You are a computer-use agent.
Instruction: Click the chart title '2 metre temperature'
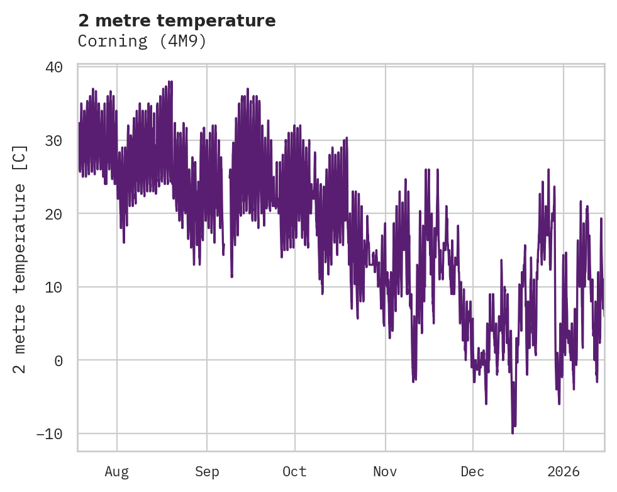pyautogui.click(x=177, y=21)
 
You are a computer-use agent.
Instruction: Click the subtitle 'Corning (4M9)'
pyautogui.click(x=142, y=42)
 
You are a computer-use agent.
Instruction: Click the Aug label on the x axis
pyautogui.click(x=117, y=472)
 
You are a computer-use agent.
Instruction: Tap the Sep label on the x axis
pyautogui.click(x=206, y=472)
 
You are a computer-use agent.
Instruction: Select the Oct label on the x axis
pyautogui.click(x=294, y=472)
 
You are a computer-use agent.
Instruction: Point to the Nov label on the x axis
pyautogui.click(x=385, y=472)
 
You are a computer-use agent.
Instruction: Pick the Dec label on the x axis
pyautogui.click(x=472, y=472)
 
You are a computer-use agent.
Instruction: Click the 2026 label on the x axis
pyautogui.click(x=563, y=472)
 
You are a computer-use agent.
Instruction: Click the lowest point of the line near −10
pyautogui.click(x=513, y=433)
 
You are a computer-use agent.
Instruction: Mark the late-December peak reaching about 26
pyautogui.click(x=548, y=169)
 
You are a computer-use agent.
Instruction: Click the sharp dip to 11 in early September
pyautogui.click(x=231, y=276)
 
